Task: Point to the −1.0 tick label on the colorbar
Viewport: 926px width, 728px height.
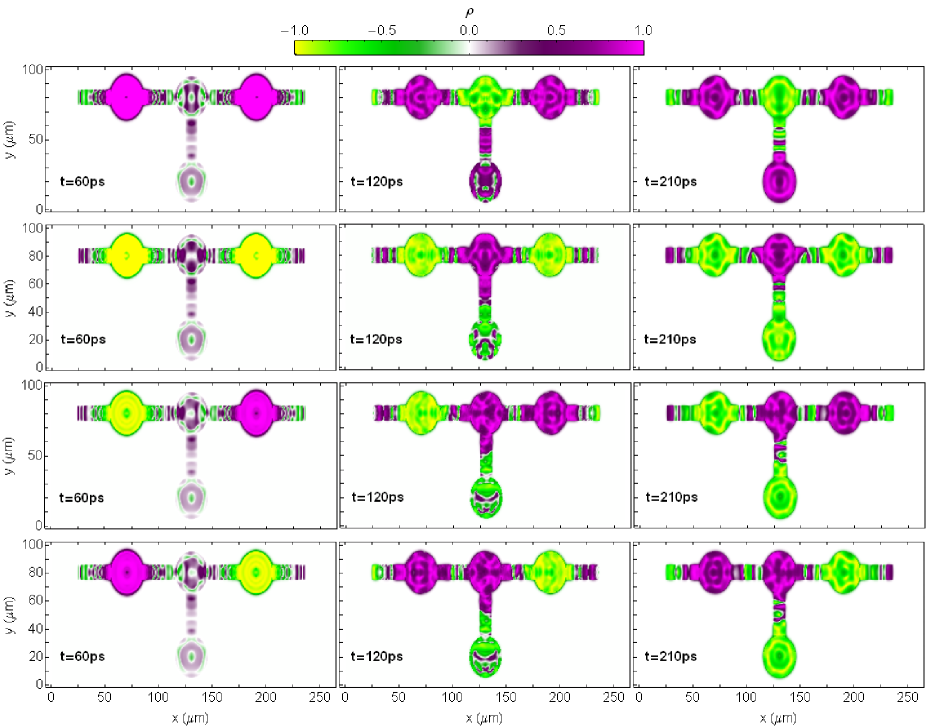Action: (x=307, y=30)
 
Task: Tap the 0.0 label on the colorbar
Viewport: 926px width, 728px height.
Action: (x=469, y=30)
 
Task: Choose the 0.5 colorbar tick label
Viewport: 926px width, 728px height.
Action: (x=555, y=30)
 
